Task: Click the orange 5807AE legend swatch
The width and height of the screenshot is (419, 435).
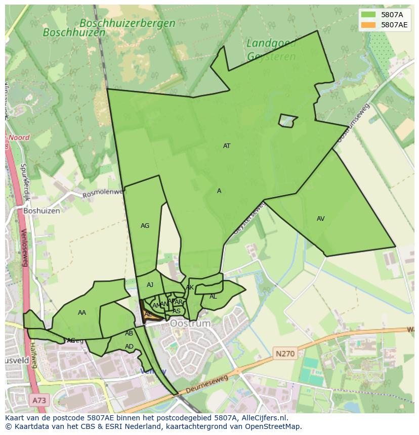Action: (368, 25)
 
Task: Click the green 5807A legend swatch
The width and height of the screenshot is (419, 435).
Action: (368, 15)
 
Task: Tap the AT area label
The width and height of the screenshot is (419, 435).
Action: (227, 146)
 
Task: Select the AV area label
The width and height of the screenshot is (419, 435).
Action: (320, 219)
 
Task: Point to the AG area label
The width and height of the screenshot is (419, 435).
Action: (145, 226)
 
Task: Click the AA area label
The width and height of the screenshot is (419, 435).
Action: (82, 313)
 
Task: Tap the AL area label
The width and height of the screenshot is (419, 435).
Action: (213, 297)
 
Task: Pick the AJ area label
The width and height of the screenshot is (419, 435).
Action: (150, 285)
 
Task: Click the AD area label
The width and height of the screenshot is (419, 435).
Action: (129, 347)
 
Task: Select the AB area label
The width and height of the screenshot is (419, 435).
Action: (129, 333)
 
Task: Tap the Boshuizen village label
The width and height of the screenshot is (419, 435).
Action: (41, 211)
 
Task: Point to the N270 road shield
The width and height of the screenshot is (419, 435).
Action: (285, 354)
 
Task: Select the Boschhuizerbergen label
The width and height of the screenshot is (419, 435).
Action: (128, 23)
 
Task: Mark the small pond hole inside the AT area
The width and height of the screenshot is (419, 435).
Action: (287, 121)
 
